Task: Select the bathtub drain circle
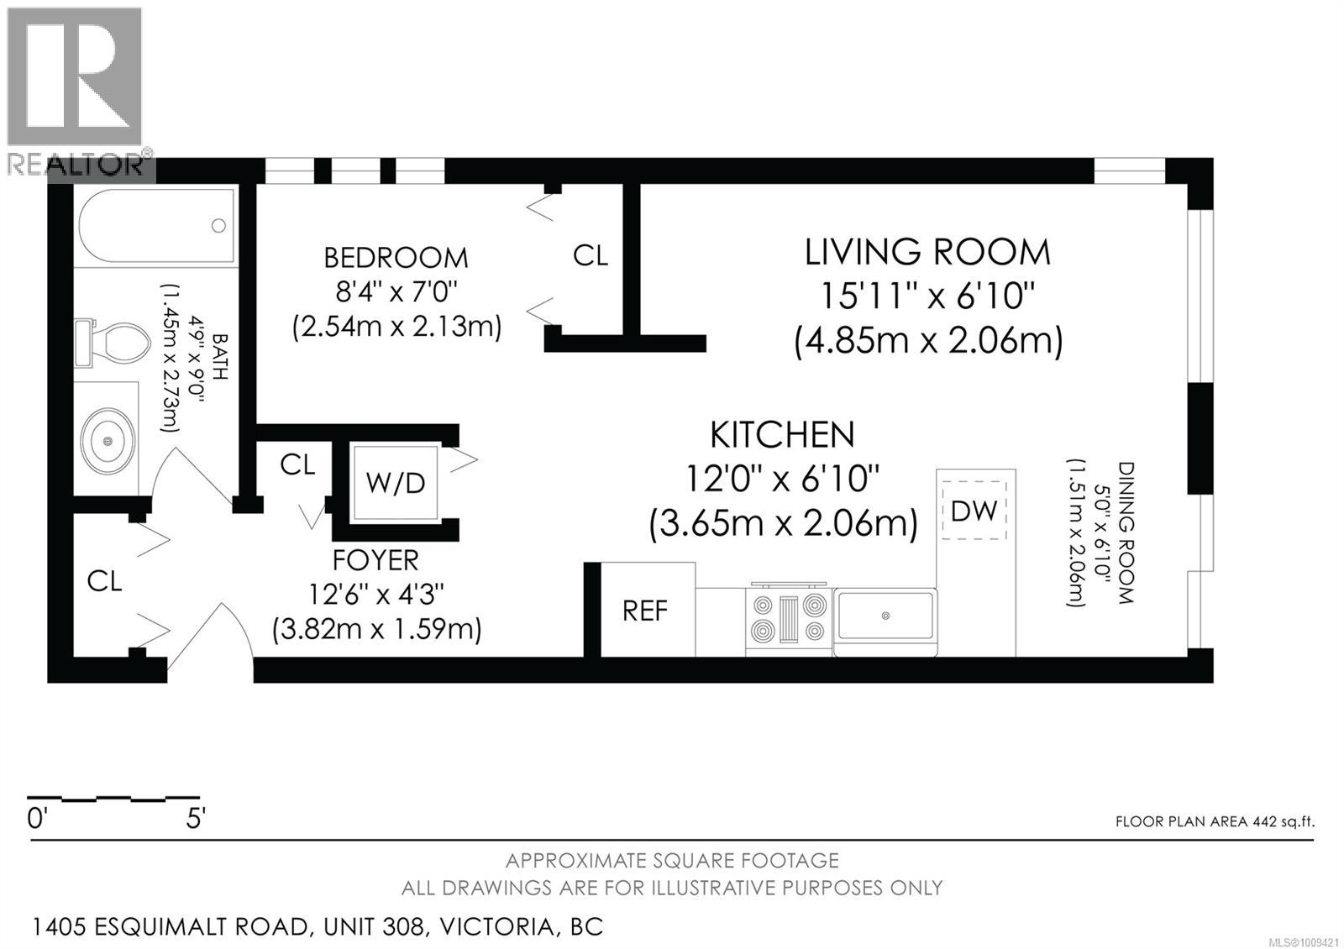tap(218, 225)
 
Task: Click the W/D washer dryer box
tap(396, 483)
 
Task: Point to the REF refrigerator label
tap(645, 611)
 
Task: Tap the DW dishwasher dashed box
tap(974, 511)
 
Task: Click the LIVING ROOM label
tap(927, 253)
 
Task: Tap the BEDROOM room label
tap(396, 257)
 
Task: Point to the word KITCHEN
tap(782, 435)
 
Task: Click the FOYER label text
tap(375, 559)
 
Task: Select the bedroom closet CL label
tap(590, 255)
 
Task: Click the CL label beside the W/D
tap(297, 464)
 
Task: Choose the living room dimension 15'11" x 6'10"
tap(927, 296)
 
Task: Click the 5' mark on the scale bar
tap(195, 819)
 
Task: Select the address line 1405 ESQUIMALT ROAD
tap(317, 927)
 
